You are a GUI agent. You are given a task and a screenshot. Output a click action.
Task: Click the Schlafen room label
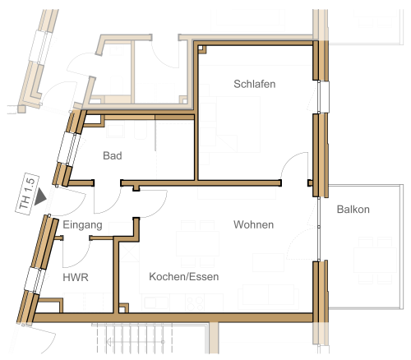(x=255, y=84)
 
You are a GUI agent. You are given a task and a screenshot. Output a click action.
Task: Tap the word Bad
(x=113, y=155)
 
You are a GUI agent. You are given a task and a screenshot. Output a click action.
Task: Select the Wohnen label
(x=253, y=224)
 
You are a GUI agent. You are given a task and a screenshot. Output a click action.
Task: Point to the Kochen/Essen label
(x=184, y=277)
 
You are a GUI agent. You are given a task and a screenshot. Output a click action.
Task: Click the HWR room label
(x=76, y=278)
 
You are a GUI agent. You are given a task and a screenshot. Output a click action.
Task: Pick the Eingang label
(x=82, y=225)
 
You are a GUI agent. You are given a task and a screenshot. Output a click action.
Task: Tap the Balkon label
(x=353, y=210)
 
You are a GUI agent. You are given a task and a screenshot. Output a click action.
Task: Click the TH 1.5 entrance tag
(x=27, y=194)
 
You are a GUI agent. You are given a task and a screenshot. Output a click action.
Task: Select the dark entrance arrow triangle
(x=40, y=196)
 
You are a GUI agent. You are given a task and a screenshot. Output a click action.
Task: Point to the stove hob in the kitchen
(x=195, y=303)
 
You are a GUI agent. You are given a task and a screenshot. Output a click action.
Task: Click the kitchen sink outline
(x=156, y=303)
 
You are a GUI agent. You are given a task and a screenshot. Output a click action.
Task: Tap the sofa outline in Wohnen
(x=268, y=295)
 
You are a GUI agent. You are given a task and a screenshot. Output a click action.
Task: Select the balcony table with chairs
(x=375, y=260)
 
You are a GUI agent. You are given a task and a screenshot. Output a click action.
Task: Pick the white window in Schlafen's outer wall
(x=323, y=97)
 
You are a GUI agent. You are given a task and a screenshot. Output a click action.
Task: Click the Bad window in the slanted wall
(x=68, y=149)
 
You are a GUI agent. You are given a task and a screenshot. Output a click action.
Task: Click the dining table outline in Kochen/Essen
(x=197, y=243)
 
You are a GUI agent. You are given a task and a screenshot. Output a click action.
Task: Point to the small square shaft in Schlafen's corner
(x=201, y=49)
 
